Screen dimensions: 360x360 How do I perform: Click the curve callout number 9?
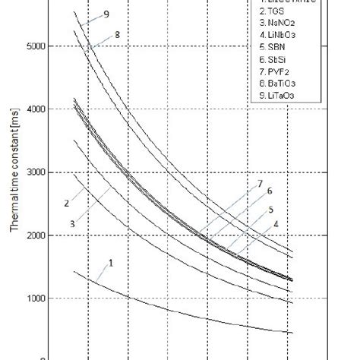106,15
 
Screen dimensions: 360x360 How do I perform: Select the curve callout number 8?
118,34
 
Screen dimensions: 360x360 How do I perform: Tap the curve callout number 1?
111,263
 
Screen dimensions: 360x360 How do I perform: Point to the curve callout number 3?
72,223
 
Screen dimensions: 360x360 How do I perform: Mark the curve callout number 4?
276,224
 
